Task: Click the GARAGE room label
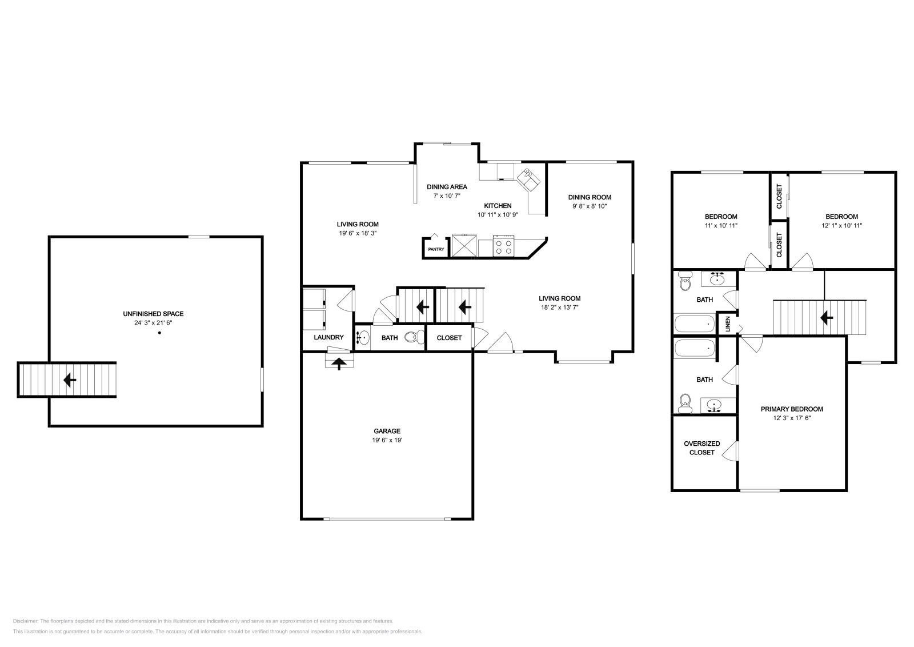(387, 431)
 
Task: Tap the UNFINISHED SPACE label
(154, 314)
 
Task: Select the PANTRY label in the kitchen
(436, 249)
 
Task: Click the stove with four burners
(503, 246)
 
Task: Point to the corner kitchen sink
(528, 179)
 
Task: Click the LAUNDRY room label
(328, 337)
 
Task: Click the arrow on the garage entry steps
(339, 364)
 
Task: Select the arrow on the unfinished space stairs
(70, 380)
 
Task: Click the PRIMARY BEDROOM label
(792, 409)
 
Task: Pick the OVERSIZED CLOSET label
(702, 448)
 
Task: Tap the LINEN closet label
(728, 324)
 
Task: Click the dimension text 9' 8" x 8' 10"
(590, 206)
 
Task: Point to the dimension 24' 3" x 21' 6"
(154, 323)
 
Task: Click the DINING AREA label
(447, 187)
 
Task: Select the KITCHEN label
(498, 206)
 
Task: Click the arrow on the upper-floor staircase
(827, 317)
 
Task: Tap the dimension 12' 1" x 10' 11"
(842, 225)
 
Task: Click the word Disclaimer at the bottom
(25, 621)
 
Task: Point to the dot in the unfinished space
(159, 333)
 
